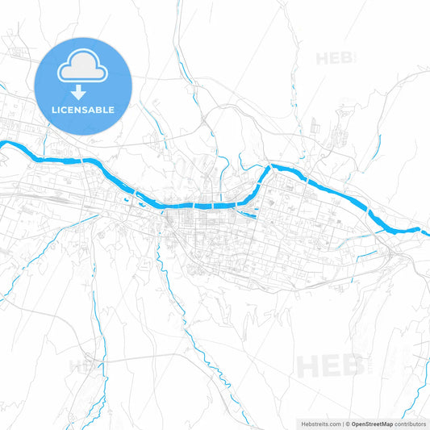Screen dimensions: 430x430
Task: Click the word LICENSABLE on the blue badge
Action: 83,110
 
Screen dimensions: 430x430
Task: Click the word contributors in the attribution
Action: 411,424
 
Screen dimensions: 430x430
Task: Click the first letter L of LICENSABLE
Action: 54,110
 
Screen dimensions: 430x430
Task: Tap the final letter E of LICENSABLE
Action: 112,110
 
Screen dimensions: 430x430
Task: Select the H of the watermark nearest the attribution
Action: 307,367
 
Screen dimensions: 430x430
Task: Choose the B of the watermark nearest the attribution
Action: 349,367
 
